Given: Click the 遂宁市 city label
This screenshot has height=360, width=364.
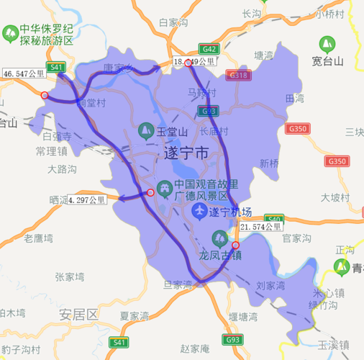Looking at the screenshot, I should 186,153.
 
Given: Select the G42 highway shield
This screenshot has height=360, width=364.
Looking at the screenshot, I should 209,49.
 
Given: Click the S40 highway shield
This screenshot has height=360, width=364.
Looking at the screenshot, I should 273,219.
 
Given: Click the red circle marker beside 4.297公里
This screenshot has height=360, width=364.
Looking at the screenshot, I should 150,192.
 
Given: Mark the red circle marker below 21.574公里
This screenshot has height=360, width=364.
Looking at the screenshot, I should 235,246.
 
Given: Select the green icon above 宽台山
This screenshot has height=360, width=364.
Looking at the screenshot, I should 327,43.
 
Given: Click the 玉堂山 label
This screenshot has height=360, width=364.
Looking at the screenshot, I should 172,132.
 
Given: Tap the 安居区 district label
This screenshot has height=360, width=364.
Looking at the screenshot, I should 78,314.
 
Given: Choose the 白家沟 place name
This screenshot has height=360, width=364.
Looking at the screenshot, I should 173,22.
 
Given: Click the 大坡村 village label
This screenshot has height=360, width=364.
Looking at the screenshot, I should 335,197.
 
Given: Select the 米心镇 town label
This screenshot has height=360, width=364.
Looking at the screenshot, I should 329,293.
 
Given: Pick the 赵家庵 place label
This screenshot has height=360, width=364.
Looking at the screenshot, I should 194,348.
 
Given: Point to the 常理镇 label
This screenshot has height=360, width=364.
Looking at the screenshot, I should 51,151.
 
